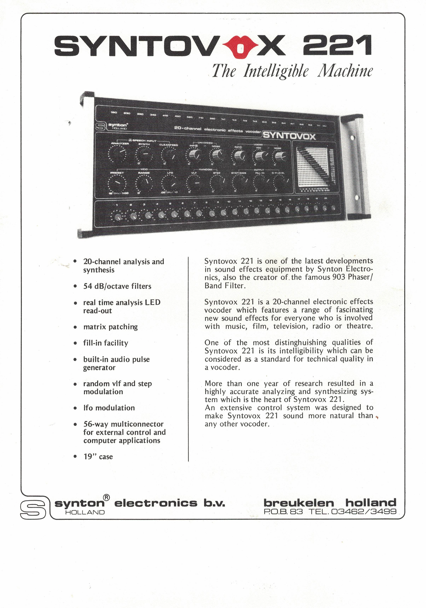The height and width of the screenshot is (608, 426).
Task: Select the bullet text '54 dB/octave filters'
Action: click(x=117, y=286)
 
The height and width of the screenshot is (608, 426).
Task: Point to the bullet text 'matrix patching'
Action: click(x=110, y=327)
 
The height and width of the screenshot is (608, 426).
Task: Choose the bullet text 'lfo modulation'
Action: click(x=109, y=408)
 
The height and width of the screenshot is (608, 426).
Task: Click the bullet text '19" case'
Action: click(x=98, y=457)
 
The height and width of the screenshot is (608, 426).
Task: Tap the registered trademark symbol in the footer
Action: click(x=106, y=498)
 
